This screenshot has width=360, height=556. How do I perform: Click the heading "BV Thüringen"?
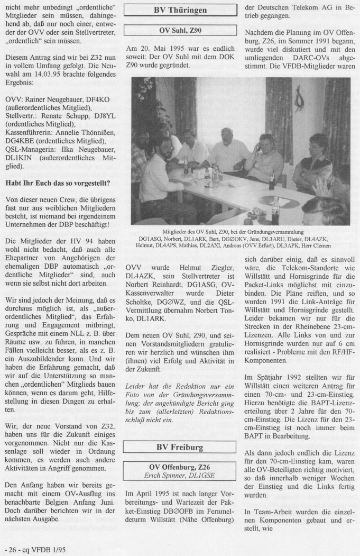pyautogui.click(x=181, y=10)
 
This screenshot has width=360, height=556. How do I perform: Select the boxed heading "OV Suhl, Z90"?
pyautogui.click(x=181, y=30)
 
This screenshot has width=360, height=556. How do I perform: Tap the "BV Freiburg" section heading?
pyautogui.click(x=180, y=448)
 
